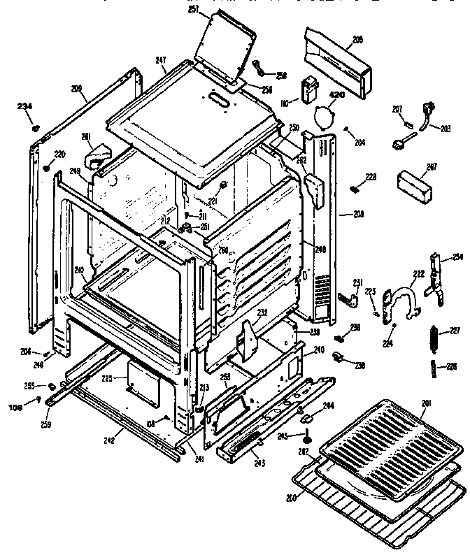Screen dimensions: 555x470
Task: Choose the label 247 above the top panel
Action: coord(161,62)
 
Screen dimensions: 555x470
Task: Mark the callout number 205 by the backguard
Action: coord(357,41)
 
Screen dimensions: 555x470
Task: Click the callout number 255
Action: coord(29,385)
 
